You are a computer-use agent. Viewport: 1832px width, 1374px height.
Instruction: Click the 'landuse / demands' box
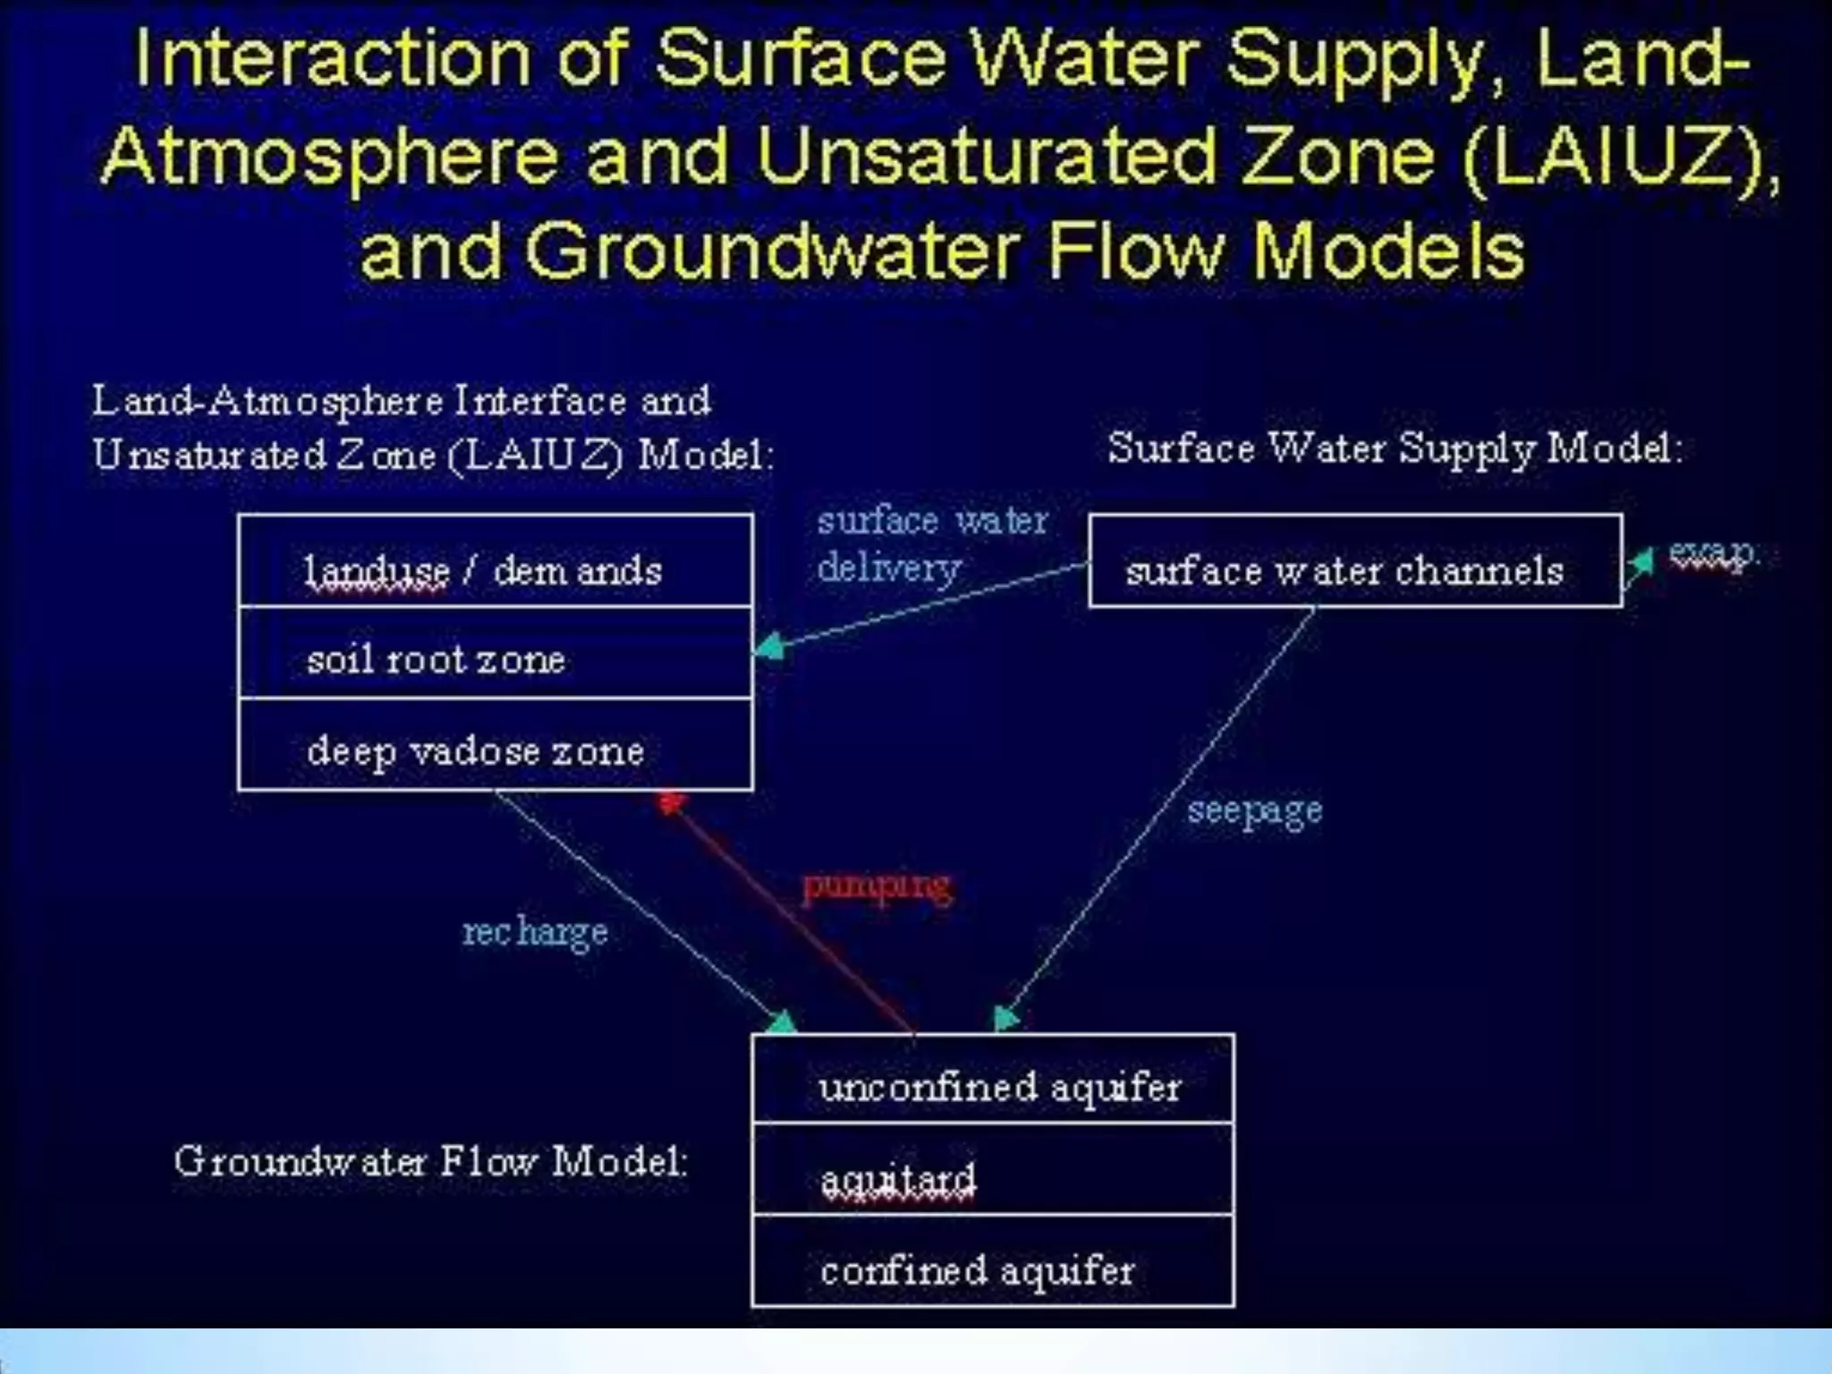pyautogui.click(x=495, y=562)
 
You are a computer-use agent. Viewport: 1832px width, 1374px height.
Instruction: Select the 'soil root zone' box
pyautogui.click(x=495, y=654)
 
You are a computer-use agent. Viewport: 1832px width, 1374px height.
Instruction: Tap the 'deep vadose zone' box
pyautogui.click(x=495, y=745)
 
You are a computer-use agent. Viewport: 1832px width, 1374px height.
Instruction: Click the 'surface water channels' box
pyautogui.click(x=1354, y=562)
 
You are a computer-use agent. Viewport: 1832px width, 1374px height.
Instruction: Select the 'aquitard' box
pyautogui.click(x=993, y=1171)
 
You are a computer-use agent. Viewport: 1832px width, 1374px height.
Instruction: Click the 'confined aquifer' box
pyautogui.click(x=993, y=1262)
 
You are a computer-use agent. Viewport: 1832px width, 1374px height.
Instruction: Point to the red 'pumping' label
pyautogui.click(x=876, y=886)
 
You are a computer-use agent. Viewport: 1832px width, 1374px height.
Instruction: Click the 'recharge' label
pyautogui.click(x=535, y=933)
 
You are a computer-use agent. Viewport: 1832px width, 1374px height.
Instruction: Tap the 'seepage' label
pyautogui.click(x=1254, y=810)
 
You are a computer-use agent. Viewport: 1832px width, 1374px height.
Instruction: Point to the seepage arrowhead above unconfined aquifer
pyautogui.click(x=1005, y=1019)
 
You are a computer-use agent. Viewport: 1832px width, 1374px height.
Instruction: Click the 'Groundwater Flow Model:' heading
pyautogui.click(x=431, y=1162)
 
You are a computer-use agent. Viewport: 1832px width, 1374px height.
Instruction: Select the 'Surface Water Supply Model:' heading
pyautogui.click(x=1395, y=448)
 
